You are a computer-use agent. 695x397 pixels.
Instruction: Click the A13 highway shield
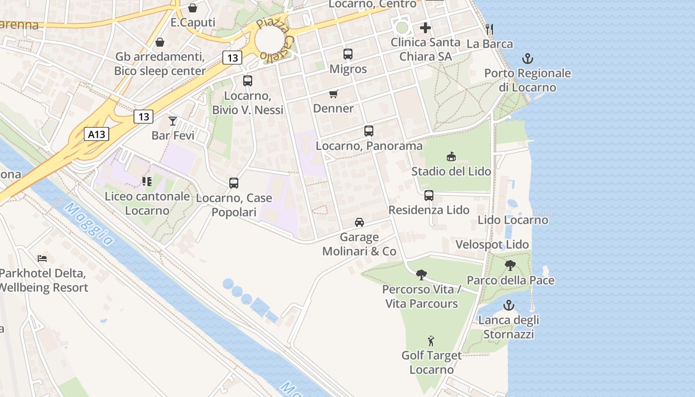point(96,134)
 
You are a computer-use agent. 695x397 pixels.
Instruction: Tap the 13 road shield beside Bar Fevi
point(143,117)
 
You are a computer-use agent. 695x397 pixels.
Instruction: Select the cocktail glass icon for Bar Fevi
point(173,121)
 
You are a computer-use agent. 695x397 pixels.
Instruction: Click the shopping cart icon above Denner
point(334,94)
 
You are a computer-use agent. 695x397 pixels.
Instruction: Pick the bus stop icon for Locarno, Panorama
point(369,131)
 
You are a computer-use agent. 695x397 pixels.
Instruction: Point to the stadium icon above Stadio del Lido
point(451,157)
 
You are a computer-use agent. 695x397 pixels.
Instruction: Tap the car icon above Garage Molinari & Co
point(359,222)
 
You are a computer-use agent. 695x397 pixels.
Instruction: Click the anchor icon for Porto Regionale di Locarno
point(527,59)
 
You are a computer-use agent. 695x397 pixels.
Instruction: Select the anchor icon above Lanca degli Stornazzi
point(508,305)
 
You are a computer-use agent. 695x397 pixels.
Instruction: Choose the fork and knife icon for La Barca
point(489,29)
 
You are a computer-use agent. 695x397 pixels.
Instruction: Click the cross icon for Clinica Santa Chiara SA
point(425,28)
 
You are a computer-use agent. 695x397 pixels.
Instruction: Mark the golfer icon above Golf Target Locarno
point(431,341)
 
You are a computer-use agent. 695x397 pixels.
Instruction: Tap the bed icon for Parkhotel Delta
point(43,259)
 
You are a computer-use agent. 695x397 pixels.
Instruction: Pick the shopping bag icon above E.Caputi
point(193,8)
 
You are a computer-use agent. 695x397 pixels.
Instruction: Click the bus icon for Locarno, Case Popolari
point(234,183)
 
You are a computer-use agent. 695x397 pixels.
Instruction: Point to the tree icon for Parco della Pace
point(510,265)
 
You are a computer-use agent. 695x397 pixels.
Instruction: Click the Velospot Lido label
point(492,245)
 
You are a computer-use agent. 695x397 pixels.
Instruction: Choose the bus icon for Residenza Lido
point(429,196)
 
